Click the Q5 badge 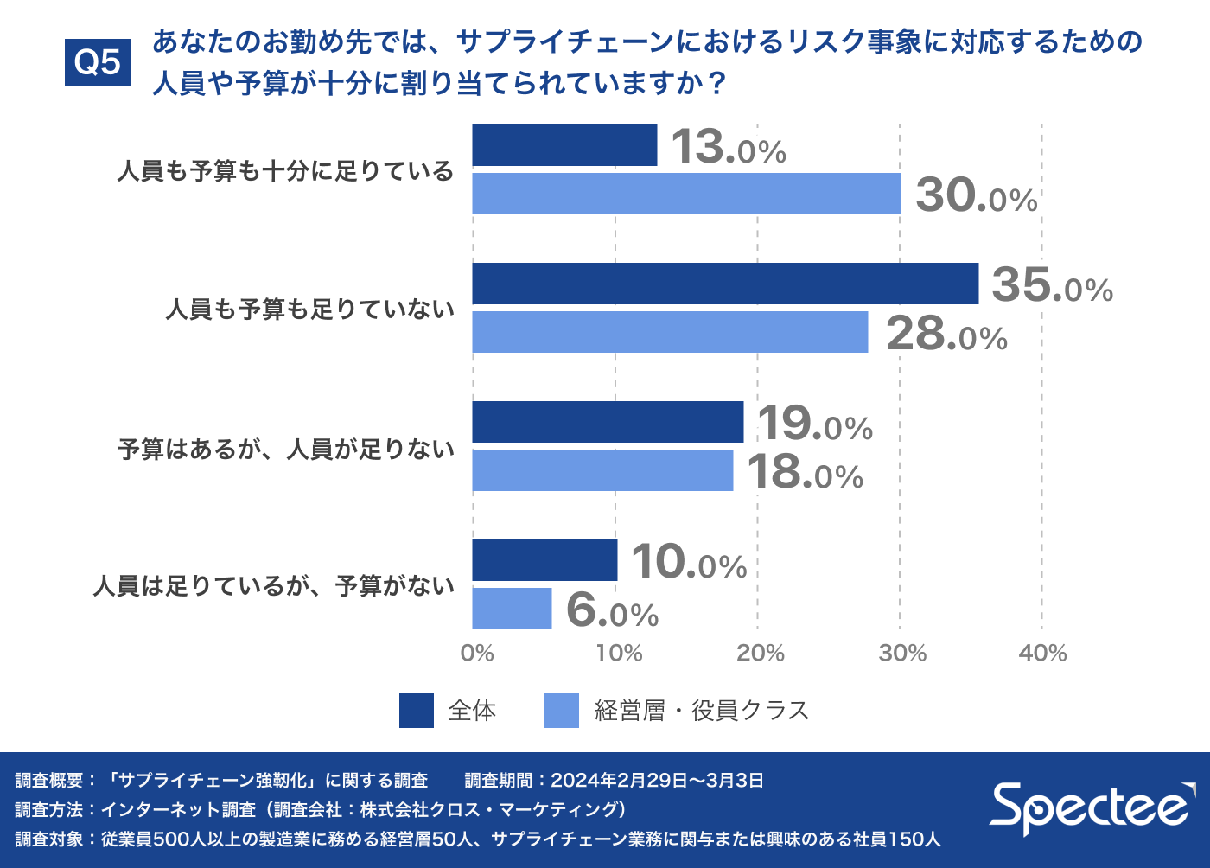(x=98, y=62)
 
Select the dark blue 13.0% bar (x=564, y=145)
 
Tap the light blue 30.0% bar (x=686, y=194)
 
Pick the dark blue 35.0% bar (x=725, y=284)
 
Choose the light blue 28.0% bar (x=670, y=332)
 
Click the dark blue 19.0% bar (x=608, y=422)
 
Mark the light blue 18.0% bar (x=602, y=470)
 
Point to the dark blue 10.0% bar (x=544, y=560)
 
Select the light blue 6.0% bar (x=512, y=609)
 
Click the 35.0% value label (x=1052, y=285)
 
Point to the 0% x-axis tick (x=477, y=653)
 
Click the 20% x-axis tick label (x=760, y=653)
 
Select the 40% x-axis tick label (x=1042, y=653)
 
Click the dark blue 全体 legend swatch (x=416, y=711)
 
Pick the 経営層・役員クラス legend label (x=702, y=711)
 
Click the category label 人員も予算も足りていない (x=309, y=309)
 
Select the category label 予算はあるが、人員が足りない (x=286, y=449)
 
